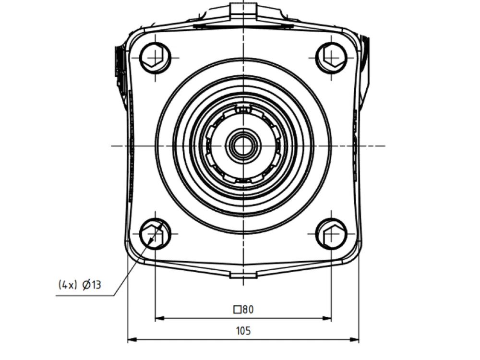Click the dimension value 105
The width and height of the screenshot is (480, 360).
243,331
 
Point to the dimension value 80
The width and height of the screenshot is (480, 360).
248,310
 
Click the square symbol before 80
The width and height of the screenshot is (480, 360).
237,310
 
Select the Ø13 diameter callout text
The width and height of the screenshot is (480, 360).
92,285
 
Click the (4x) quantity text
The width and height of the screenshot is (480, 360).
67,285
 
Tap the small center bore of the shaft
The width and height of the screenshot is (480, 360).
243,146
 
